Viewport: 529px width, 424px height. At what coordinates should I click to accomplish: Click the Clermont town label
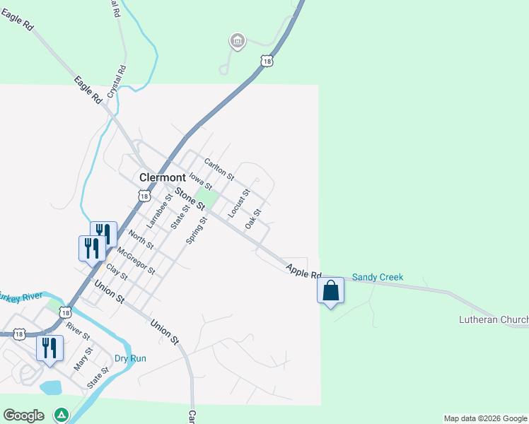pyautogui.click(x=163, y=177)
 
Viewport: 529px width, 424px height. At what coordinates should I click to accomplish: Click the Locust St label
pyautogui.click(x=239, y=203)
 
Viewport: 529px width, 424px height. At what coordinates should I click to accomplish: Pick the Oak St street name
pyautogui.click(x=253, y=218)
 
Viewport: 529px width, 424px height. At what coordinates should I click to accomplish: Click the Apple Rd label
pyautogui.click(x=304, y=271)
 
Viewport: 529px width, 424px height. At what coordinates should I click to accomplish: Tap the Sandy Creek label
pyautogui.click(x=378, y=277)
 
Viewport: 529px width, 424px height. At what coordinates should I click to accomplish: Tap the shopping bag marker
pyautogui.click(x=330, y=290)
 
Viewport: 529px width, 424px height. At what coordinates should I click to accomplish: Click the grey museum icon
pyautogui.click(x=238, y=41)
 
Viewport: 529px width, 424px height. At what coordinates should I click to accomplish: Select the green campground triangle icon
pyautogui.click(x=62, y=414)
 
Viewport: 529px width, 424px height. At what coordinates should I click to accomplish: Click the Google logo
pyautogui.click(x=23, y=416)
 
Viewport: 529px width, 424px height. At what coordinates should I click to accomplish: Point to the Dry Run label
pyautogui.click(x=130, y=358)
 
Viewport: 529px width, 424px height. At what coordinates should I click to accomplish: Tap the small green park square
pyautogui.click(x=204, y=197)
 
